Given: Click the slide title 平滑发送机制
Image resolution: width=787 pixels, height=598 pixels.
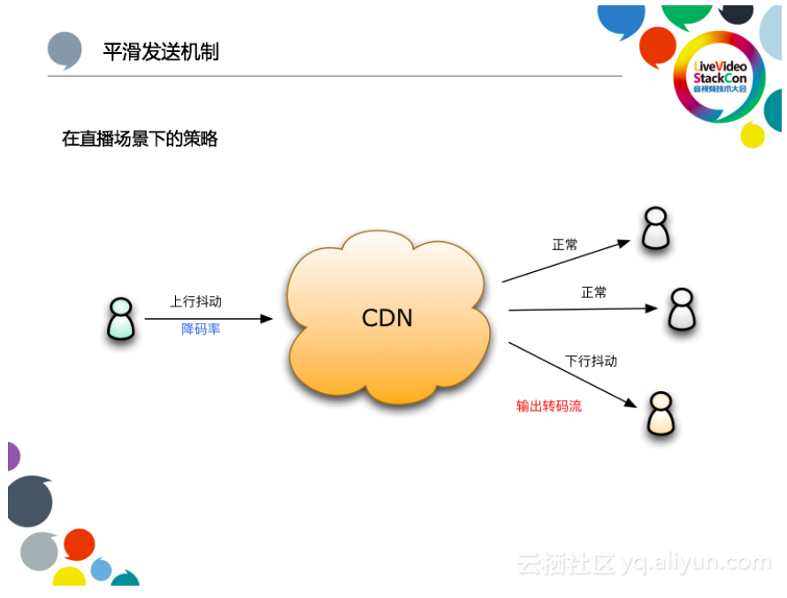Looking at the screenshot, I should tap(160, 52).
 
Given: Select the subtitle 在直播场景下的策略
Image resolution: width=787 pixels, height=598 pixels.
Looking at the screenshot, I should tap(139, 139).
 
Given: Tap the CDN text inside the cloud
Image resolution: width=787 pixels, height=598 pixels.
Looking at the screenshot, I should tap(387, 318).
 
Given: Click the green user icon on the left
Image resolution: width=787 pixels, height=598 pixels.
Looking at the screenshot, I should tap(120, 319).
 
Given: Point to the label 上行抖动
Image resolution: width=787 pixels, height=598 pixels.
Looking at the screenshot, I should tap(195, 302).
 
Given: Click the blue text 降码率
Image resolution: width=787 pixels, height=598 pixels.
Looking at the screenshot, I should tap(201, 330).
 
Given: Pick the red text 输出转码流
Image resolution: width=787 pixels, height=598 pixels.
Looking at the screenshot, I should tap(549, 406).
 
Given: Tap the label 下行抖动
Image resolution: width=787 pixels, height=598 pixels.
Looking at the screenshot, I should tap(591, 361).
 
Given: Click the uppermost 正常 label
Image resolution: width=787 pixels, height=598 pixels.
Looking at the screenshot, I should tap(565, 245).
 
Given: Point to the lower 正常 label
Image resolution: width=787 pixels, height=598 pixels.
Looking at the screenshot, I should tap(594, 292).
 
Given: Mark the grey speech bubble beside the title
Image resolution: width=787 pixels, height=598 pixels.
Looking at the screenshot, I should tap(65, 50).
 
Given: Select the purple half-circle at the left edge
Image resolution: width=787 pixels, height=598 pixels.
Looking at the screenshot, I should tap(12, 457).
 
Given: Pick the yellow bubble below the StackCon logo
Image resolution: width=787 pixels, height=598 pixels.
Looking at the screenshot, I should tap(753, 134).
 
